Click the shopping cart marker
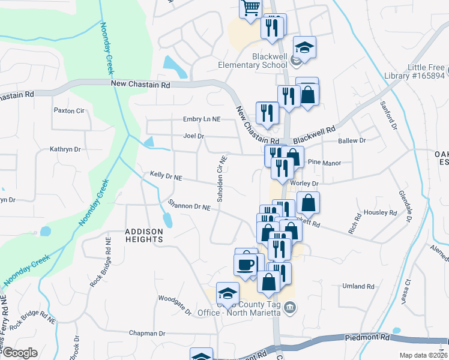[251, 8]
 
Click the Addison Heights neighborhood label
[144, 235]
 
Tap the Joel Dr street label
[194, 136]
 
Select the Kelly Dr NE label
[166, 176]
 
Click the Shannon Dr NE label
[190, 205]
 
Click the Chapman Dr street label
[147, 333]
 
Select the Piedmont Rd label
[367, 338]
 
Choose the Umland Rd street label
[358, 287]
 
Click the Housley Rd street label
[381, 212]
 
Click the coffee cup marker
[246, 264]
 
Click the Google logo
[19, 353]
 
